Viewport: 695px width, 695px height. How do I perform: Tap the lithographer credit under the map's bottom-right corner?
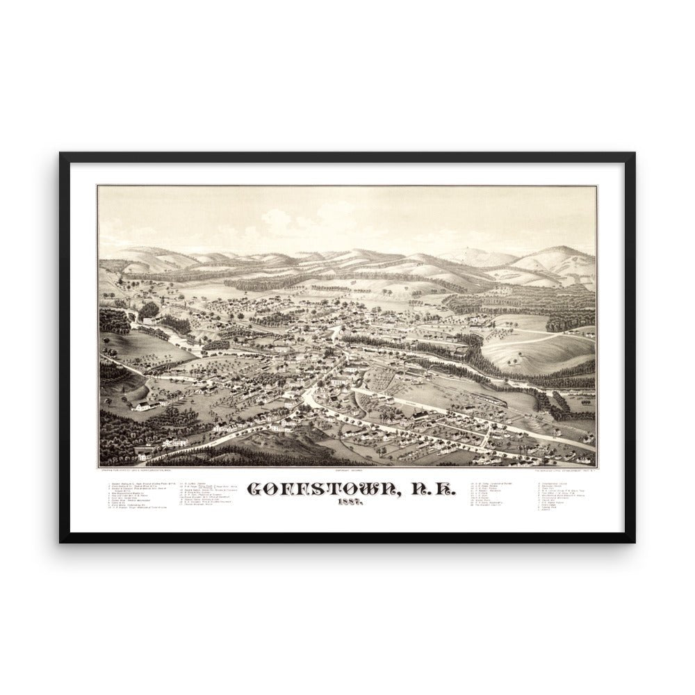(x=564, y=473)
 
